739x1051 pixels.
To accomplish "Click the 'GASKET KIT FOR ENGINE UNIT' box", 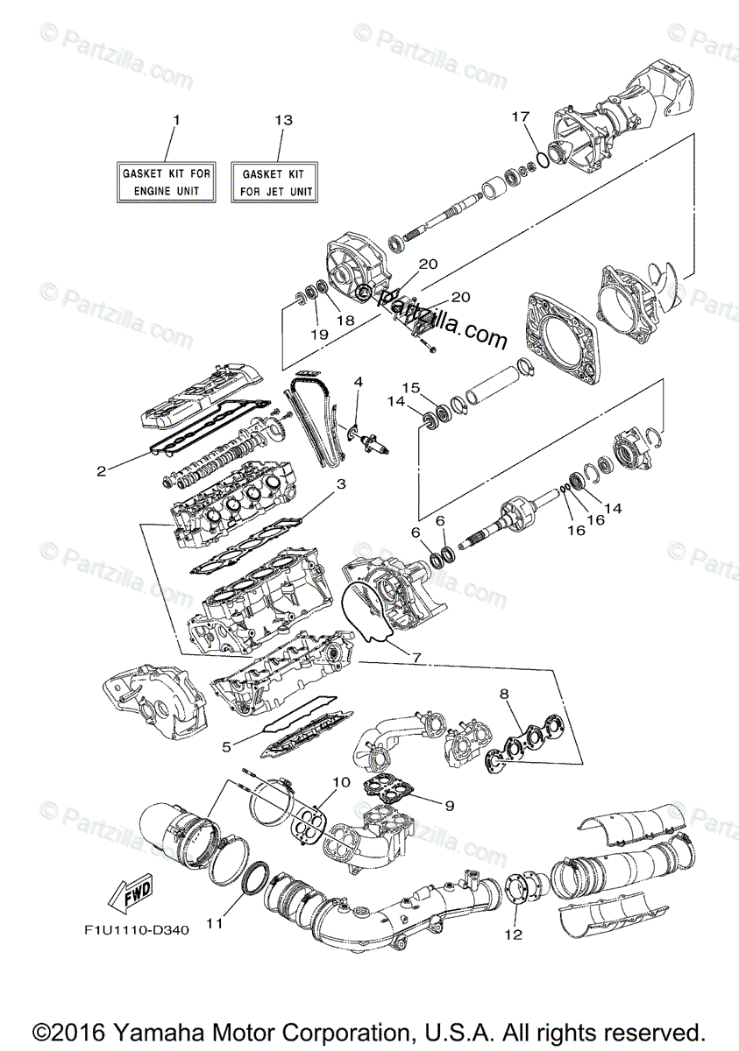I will pyautogui.click(x=166, y=182).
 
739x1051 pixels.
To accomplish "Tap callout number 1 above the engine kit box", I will pyautogui.click(x=175, y=118).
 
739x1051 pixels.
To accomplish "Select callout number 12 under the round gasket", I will pyautogui.click(x=513, y=935).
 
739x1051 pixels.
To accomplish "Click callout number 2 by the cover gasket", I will pyautogui.click(x=102, y=471).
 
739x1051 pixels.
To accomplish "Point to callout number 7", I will pyautogui.click(x=416, y=657).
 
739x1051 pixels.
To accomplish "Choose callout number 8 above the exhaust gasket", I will pyautogui.click(x=504, y=695).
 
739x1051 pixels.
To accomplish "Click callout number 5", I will pyautogui.click(x=226, y=747).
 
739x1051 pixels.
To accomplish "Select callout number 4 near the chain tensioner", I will pyautogui.click(x=358, y=383).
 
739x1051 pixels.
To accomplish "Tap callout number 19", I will pyautogui.click(x=319, y=334).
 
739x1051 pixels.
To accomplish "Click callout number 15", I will pyautogui.click(x=411, y=386).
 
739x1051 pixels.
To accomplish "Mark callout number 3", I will pyautogui.click(x=341, y=483).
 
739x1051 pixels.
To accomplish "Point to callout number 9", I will pyautogui.click(x=449, y=804).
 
